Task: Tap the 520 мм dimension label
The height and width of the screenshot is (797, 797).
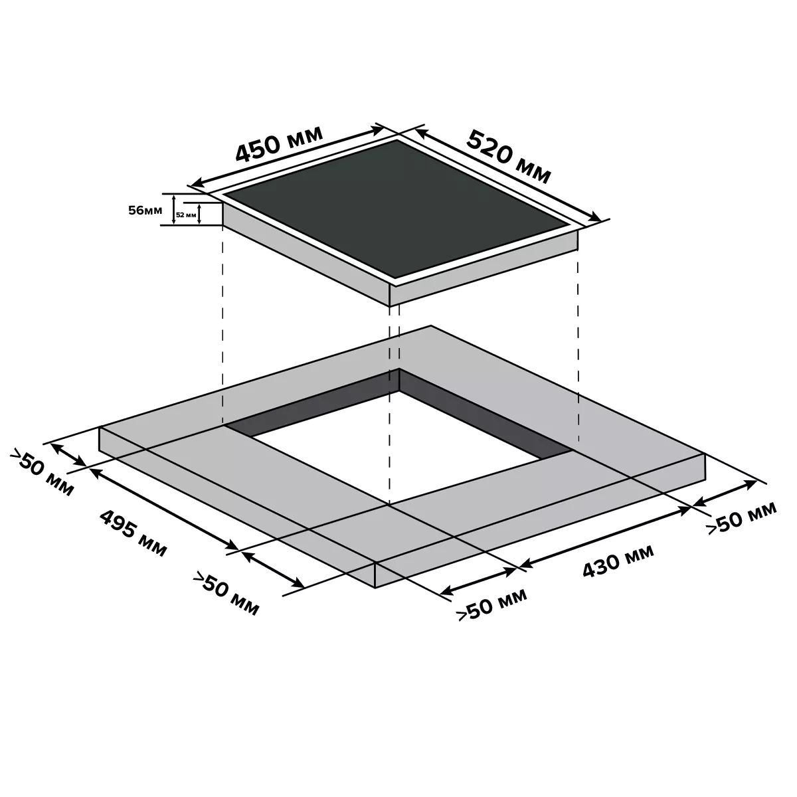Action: click(x=509, y=157)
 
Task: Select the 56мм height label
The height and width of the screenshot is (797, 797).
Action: click(x=145, y=210)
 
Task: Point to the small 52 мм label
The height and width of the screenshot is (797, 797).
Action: click(x=186, y=215)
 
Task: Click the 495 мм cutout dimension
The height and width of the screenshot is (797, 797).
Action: click(x=133, y=533)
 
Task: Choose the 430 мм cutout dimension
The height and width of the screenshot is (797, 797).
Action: click(x=618, y=561)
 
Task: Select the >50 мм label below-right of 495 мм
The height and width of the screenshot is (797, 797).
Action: click(x=226, y=594)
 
